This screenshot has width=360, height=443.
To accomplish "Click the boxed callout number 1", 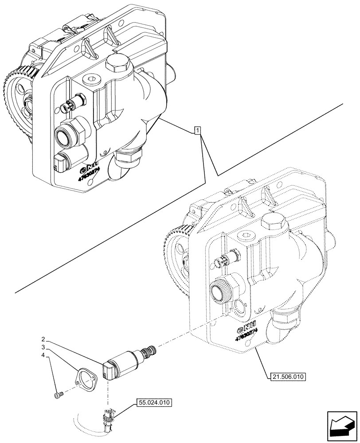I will [198, 130].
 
